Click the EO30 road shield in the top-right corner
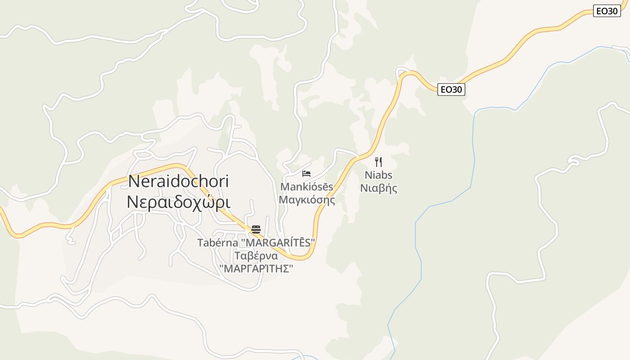[x=607, y=11]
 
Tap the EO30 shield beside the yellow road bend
[x=451, y=90]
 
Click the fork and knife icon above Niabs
[x=378, y=162]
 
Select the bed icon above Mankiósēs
[x=306, y=174]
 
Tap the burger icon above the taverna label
[x=256, y=229]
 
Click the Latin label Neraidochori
[x=179, y=181]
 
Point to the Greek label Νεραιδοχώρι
[x=179, y=202]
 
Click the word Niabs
[x=378, y=175]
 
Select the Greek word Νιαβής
[x=378, y=188]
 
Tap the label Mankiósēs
[x=307, y=186]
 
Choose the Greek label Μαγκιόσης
[x=307, y=199]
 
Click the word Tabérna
[x=217, y=243]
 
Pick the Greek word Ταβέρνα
[x=256, y=256]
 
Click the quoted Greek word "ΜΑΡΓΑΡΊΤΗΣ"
[x=256, y=269]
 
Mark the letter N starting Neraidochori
[x=134, y=181]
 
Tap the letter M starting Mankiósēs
[x=284, y=186]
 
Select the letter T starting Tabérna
[x=200, y=243]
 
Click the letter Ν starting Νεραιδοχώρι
[x=132, y=202]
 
